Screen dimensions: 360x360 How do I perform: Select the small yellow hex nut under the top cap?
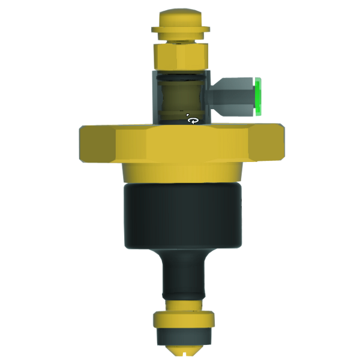pos(179,57)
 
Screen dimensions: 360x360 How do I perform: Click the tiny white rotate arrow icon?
pos(193,120)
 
